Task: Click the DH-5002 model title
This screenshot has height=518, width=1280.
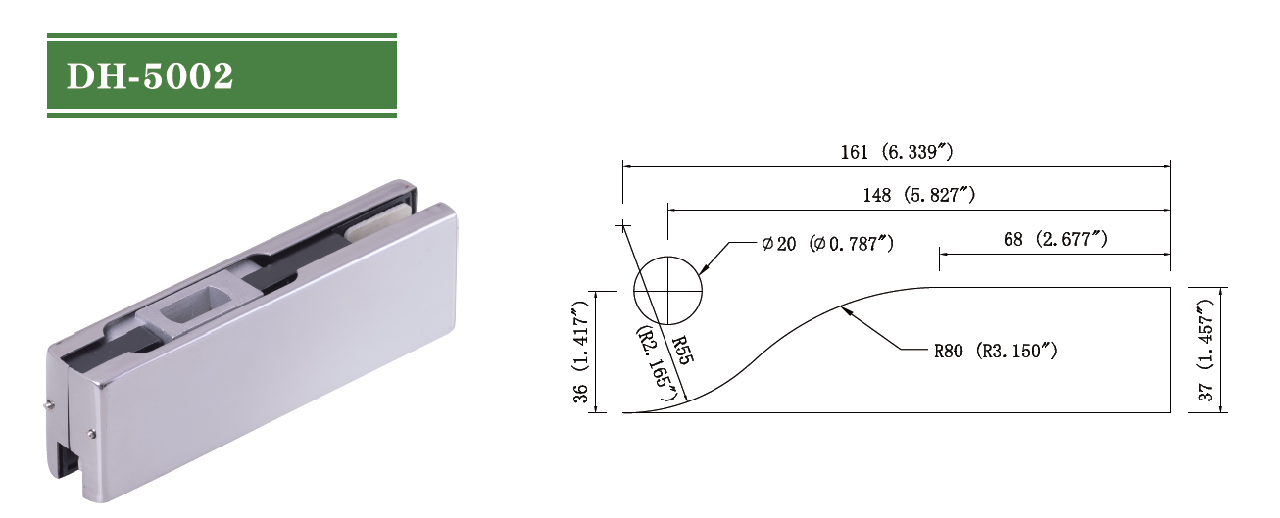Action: (x=150, y=76)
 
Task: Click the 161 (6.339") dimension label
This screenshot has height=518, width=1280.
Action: (x=897, y=152)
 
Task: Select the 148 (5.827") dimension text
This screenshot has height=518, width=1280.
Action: (x=918, y=195)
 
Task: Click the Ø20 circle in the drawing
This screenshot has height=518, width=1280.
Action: (x=668, y=292)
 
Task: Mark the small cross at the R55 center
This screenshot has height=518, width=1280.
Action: (x=621, y=226)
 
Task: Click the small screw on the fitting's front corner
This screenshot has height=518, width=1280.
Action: (x=90, y=434)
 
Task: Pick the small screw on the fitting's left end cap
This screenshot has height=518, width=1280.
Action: (x=49, y=405)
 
